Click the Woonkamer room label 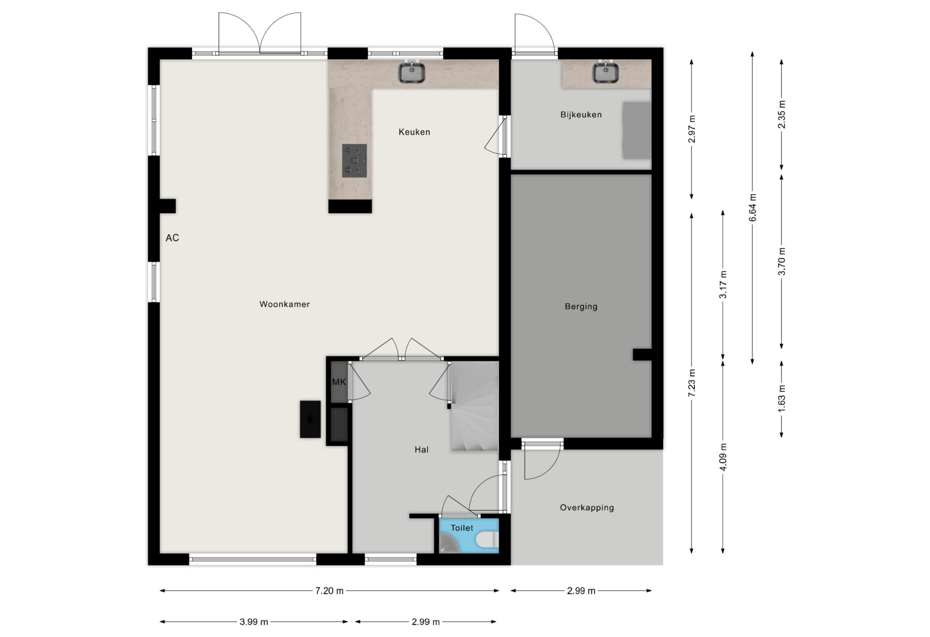(x=285, y=304)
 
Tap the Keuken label (x=414, y=132)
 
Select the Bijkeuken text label (x=581, y=115)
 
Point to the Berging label (x=581, y=307)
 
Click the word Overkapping (x=587, y=508)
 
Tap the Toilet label (x=462, y=528)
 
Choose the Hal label (x=421, y=450)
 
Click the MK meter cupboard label (x=339, y=382)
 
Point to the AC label (x=173, y=238)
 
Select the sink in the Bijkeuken (x=606, y=72)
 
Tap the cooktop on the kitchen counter (x=355, y=161)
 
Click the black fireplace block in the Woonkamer (x=310, y=419)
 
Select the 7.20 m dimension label (x=329, y=591)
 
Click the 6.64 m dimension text (x=753, y=207)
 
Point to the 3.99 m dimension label (x=254, y=622)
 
